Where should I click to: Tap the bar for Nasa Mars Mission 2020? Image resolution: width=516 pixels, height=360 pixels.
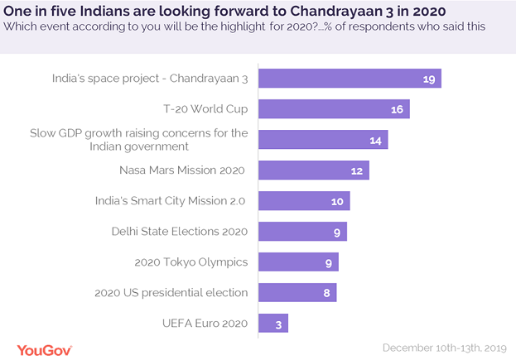pos(313,170)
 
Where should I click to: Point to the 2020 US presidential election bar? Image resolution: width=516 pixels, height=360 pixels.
pos(297,292)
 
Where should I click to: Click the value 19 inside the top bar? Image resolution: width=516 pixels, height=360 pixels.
pos(427,79)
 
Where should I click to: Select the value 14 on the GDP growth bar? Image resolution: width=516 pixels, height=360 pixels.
pos(374,141)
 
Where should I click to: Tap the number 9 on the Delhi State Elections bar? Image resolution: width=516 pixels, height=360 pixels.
pos(336,233)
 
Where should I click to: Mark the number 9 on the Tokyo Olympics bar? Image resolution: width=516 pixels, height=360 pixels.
pos(328,263)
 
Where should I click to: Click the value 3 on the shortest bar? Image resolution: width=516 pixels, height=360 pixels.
pos(278,324)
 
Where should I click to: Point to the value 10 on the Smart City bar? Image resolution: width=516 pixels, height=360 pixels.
pos(337,202)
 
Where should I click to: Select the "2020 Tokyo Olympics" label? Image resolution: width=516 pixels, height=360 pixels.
pos(191,262)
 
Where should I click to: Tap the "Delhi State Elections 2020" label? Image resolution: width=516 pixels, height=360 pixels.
pos(180,232)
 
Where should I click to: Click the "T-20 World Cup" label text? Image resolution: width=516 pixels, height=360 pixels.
pos(205,108)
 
